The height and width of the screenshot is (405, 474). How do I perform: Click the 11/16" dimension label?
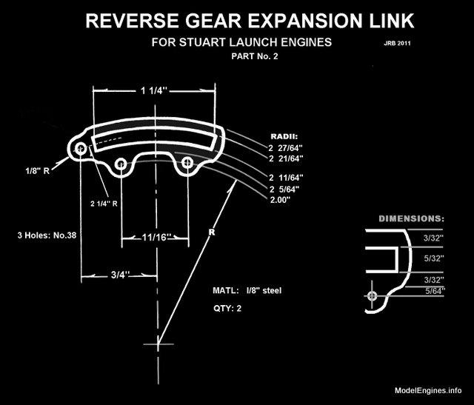(156, 238)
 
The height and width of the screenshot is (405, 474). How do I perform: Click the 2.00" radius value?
(281, 199)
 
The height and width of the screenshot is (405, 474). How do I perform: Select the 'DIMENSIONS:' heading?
(411, 219)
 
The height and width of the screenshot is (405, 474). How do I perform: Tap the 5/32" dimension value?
(433, 259)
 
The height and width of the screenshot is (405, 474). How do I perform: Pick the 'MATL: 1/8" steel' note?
(247, 290)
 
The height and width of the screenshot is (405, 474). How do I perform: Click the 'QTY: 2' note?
(227, 308)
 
